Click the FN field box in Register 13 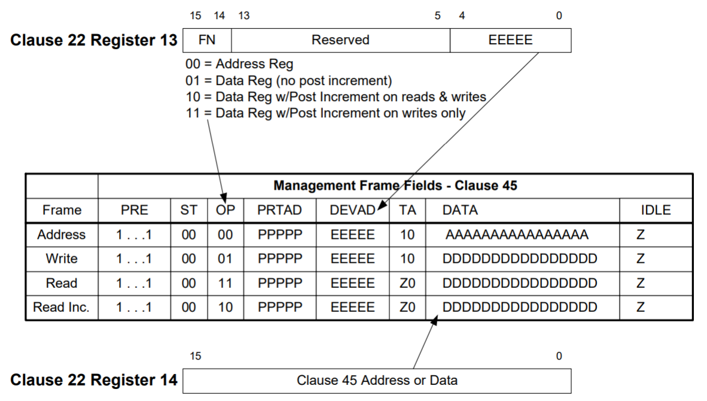[206, 40]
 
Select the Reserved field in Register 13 [340, 40]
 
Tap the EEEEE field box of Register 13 [510, 40]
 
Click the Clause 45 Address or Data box [377, 380]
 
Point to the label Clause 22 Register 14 [94, 380]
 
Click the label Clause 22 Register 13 [94, 41]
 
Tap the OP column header [225, 210]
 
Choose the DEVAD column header [352, 210]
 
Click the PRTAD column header [280, 210]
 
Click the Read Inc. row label [61, 307]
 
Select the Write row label [61, 259]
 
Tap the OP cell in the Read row [225, 283]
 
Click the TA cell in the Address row [407, 235]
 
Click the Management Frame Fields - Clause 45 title [395, 186]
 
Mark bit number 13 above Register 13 [243, 16]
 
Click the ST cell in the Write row [188, 259]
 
